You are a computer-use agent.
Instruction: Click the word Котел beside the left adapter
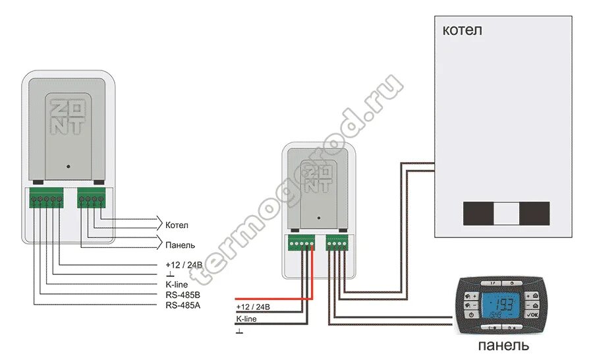pyautogui.click(x=178, y=225)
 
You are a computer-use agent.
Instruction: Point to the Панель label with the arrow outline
pyautogui.click(x=180, y=244)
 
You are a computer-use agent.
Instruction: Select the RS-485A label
pyautogui.click(x=182, y=305)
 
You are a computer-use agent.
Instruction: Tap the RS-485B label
pyautogui.click(x=182, y=295)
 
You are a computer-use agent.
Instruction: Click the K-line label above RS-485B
pyautogui.click(x=177, y=284)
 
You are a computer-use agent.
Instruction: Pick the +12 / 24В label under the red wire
pyautogui.click(x=253, y=308)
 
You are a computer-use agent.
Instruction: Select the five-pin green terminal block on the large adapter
pyautogui.click(x=46, y=197)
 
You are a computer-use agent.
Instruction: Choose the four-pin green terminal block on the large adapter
pyautogui.click(x=91, y=197)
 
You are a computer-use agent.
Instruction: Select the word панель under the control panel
pyautogui.click(x=503, y=345)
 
